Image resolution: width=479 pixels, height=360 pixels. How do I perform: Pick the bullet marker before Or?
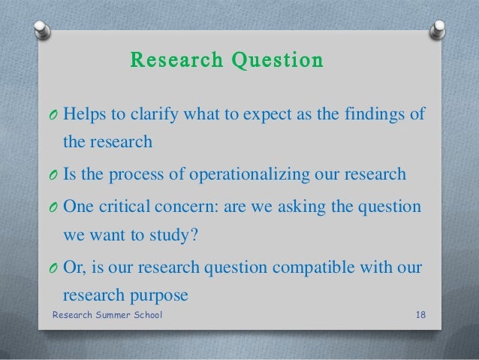coord(53,270)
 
